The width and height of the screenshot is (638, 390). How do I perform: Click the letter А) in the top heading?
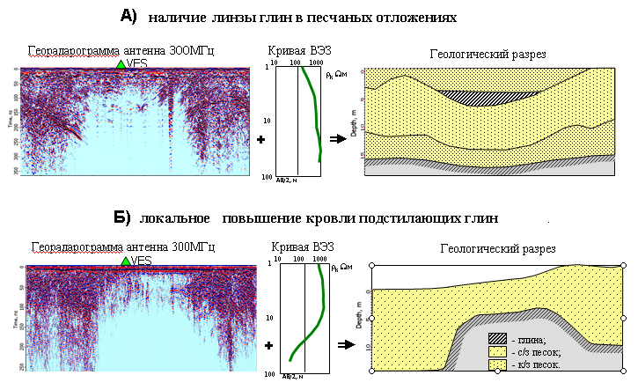pyautogui.click(x=129, y=15)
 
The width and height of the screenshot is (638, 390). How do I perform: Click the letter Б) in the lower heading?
pyautogui.click(x=121, y=217)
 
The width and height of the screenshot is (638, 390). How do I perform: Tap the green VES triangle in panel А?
pyautogui.click(x=121, y=64)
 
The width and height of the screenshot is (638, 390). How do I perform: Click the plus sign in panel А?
pyautogui.click(x=260, y=139)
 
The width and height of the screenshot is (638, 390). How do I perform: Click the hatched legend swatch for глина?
pyautogui.click(x=497, y=339)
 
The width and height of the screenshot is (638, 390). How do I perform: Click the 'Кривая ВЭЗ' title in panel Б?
pyautogui.click(x=308, y=248)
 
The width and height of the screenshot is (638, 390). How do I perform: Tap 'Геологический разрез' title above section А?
pyautogui.click(x=488, y=55)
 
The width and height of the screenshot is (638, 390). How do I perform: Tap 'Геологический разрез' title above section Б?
pyautogui.click(x=498, y=249)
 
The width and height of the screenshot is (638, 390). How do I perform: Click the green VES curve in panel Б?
pyautogui.click(x=323, y=299)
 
